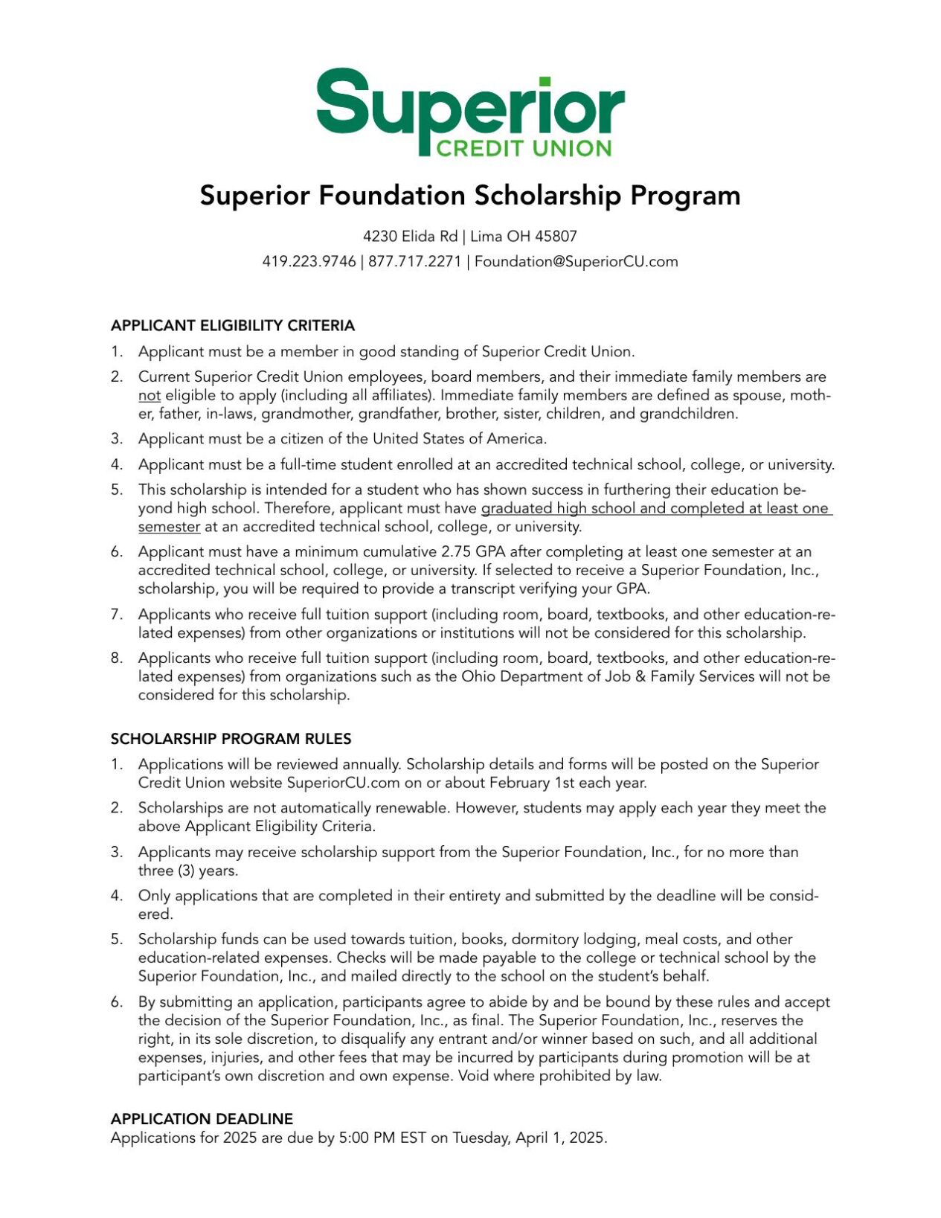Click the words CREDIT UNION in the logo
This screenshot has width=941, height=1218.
tap(523, 148)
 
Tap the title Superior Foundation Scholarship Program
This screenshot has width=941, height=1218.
tap(470, 196)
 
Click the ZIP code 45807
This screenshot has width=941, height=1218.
tap(556, 237)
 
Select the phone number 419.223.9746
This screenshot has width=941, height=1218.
tap(309, 262)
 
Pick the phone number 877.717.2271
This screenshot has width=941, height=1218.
tap(414, 262)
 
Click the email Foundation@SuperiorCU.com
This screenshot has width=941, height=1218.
tap(576, 262)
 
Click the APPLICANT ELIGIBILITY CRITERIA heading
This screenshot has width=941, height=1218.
tap(233, 326)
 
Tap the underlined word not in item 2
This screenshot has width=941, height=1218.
tap(149, 396)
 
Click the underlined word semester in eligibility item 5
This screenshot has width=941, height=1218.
tap(169, 528)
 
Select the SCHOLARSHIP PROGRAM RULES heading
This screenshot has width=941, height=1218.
tap(231, 739)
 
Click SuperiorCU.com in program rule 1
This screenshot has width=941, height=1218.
tap(343, 783)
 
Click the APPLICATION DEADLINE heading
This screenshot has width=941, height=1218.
tap(202, 1119)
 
